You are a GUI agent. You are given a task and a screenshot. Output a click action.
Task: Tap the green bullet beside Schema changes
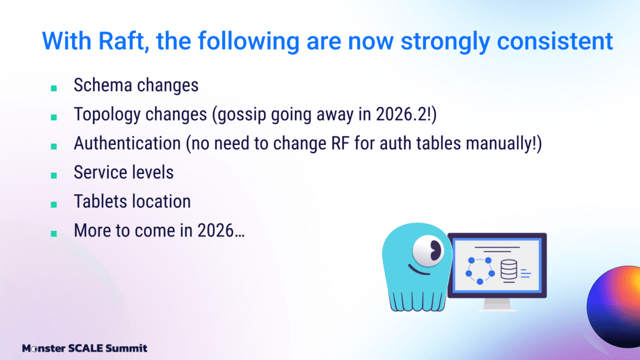[54, 88]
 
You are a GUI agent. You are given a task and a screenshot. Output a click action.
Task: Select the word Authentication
[127, 143]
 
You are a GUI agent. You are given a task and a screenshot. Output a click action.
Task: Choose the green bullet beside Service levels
[54, 176]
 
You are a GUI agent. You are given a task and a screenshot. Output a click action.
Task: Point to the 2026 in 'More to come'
[215, 231]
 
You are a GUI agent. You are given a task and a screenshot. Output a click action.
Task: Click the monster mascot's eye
[428, 250]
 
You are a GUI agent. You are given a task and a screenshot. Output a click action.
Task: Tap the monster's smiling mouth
[419, 270]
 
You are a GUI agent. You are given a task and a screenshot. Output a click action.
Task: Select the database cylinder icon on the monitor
[509, 269]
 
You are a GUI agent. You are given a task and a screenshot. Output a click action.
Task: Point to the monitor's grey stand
[497, 304]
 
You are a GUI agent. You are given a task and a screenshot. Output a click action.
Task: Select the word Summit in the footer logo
[126, 348]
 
